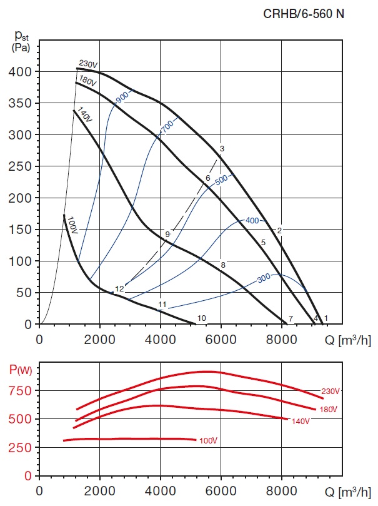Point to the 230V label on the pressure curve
pos(89,64)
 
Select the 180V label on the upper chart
pos(87,81)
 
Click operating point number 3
pos(222,148)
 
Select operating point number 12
pos(119,289)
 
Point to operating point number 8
pos(222,265)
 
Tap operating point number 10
pos(201,318)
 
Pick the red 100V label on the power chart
pos(208,442)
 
